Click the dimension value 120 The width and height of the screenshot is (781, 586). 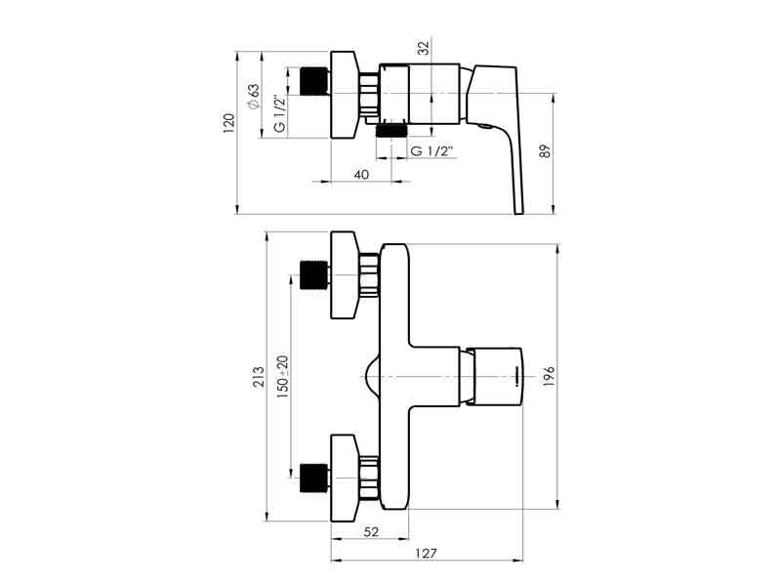tap(228, 124)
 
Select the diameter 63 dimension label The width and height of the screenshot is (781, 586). tap(254, 96)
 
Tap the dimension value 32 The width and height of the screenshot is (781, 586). tap(424, 48)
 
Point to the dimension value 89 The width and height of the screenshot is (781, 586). tap(546, 151)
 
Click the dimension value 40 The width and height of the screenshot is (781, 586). tap(361, 175)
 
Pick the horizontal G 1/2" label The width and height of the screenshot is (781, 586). tap(432, 151)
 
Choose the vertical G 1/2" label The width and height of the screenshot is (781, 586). tap(280, 113)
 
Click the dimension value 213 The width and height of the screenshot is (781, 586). tap(259, 377)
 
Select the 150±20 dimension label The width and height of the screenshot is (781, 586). tap(282, 376)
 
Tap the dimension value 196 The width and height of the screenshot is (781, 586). tap(549, 377)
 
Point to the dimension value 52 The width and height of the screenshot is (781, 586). tap(371, 531)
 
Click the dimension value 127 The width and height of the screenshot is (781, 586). tap(426, 553)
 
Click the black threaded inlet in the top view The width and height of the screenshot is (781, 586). tap(314, 81)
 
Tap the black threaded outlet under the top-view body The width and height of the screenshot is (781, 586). tap(391, 131)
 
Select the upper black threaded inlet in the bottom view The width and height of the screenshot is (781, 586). tap(314, 275)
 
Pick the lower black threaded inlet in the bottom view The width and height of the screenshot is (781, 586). tap(314, 478)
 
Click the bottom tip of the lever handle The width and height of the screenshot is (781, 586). tap(519, 213)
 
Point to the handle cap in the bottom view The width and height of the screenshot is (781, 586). tap(498, 376)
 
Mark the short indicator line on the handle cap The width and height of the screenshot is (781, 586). tap(517, 376)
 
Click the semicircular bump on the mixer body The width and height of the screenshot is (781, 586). tap(371, 376)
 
